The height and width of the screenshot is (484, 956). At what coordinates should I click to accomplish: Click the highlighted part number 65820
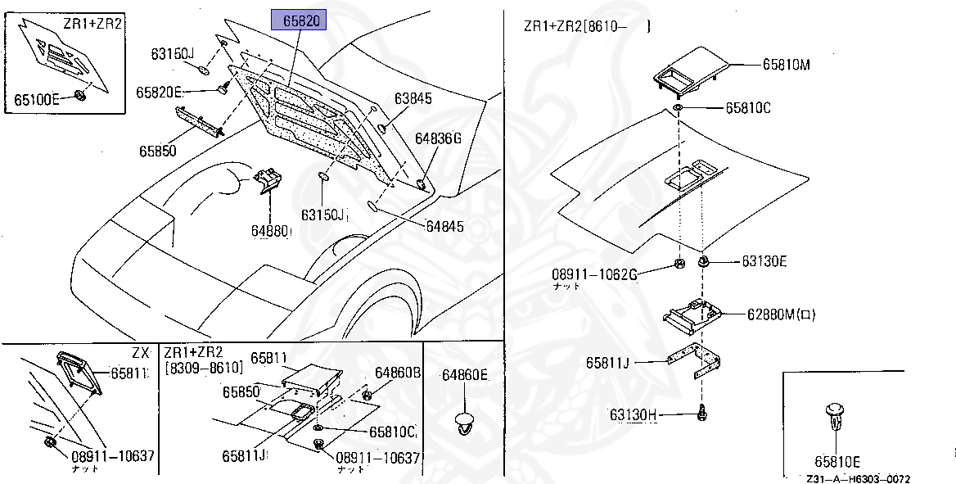[x=299, y=20]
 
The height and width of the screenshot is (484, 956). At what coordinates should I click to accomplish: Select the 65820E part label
[x=159, y=92]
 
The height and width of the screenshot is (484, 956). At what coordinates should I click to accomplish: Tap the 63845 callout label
[x=413, y=98]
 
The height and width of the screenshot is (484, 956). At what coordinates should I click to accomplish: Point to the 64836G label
[x=438, y=138]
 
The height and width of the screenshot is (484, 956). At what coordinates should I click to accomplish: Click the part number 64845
[x=444, y=226]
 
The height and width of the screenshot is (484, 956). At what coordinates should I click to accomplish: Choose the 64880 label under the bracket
[x=271, y=232]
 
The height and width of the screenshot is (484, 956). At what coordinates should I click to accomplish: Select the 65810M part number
[x=787, y=64]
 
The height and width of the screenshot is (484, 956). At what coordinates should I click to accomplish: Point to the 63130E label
[x=764, y=261]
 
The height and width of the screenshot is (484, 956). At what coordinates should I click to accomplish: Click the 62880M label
[x=781, y=314]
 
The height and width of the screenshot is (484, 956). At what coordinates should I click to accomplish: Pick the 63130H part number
[x=633, y=415]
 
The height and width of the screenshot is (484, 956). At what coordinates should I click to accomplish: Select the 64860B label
[x=398, y=372]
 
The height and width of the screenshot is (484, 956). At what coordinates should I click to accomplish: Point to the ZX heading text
[x=140, y=352]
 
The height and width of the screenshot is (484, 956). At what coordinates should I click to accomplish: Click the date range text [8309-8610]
[x=204, y=369]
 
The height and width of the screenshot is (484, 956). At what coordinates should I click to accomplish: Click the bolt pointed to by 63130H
[x=702, y=414]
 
